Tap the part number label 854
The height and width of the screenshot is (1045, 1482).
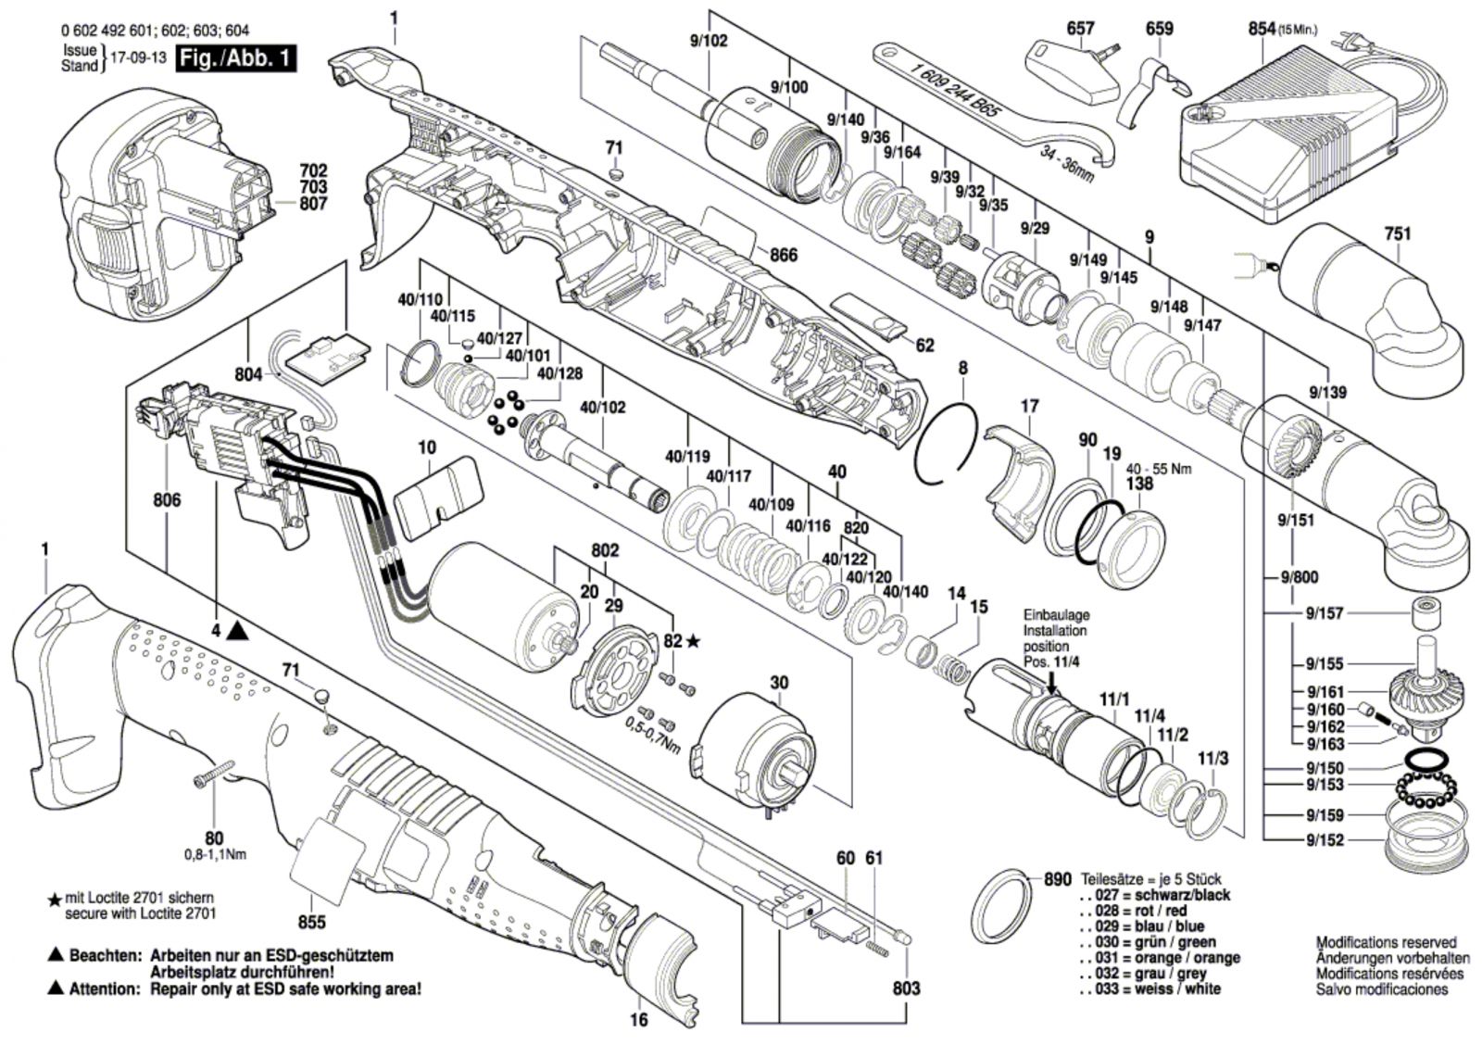[1262, 29]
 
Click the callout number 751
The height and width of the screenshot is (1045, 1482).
[1397, 233]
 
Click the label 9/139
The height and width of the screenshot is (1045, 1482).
[1327, 392]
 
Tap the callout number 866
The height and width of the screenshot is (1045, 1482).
[783, 255]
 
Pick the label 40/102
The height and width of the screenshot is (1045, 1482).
[603, 407]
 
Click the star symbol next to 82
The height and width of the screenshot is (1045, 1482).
[693, 641]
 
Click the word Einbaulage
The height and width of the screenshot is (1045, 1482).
[1056, 614]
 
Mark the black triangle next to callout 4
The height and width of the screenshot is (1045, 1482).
[237, 631]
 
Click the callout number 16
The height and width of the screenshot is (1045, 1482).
[638, 1020]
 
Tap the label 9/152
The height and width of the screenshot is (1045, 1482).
[1325, 840]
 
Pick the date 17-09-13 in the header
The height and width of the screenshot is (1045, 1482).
[138, 57]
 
